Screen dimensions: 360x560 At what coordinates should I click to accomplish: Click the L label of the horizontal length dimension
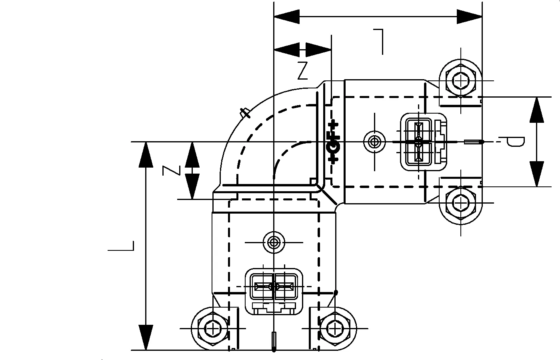[x=379, y=41]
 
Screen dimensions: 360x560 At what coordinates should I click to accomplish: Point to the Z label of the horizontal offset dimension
[x=303, y=71]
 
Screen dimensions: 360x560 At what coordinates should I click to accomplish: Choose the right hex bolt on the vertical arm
[x=334, y=328]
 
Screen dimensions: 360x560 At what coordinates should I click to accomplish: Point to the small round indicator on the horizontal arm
[x=374, y=142]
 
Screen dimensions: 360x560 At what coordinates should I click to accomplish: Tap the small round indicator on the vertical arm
[x=274, y=242]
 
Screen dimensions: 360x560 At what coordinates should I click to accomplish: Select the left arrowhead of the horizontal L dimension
[x=286, y=17]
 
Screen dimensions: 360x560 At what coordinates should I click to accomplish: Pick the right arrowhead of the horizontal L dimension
[x=470, y=17]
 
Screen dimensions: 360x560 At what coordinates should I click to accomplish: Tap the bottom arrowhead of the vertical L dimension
[x=146, y=338]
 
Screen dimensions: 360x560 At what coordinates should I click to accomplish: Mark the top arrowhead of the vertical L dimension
[x=146, y=154]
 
